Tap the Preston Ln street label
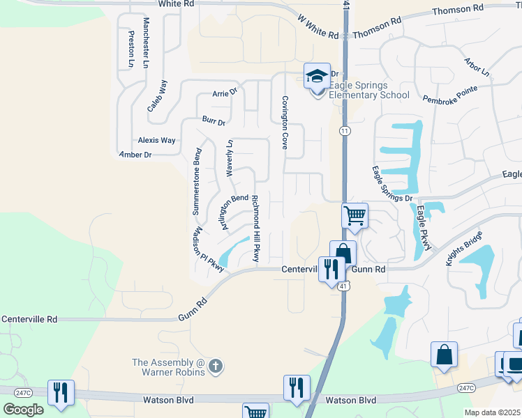click(x=130, y=49)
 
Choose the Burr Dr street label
click(x=214, y=121)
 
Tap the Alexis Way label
click(x=156, y=140)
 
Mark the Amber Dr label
click(x=135, y=155)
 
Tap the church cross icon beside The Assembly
click(x=216, y=364)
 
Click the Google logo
click(x=23, y=409)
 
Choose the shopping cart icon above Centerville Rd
click(x=355, y=216)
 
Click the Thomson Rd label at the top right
click(x=458, y=10)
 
